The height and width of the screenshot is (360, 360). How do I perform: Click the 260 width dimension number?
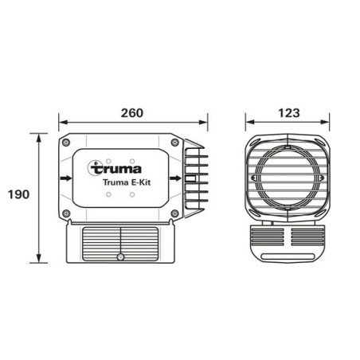(132, 112)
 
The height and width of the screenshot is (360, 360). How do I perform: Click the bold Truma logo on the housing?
(117, 168)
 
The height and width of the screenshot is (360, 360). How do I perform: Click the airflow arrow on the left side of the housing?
(65, 178)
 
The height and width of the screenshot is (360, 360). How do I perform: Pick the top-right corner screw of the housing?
(174, 142)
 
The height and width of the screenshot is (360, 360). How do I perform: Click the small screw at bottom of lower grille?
(120, 257)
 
